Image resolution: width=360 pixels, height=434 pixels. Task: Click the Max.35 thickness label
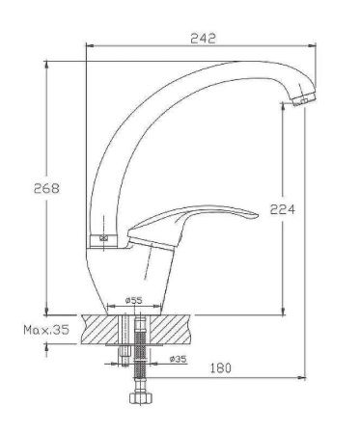point(44,330)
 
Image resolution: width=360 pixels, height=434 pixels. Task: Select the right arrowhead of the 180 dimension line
point(299,374)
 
